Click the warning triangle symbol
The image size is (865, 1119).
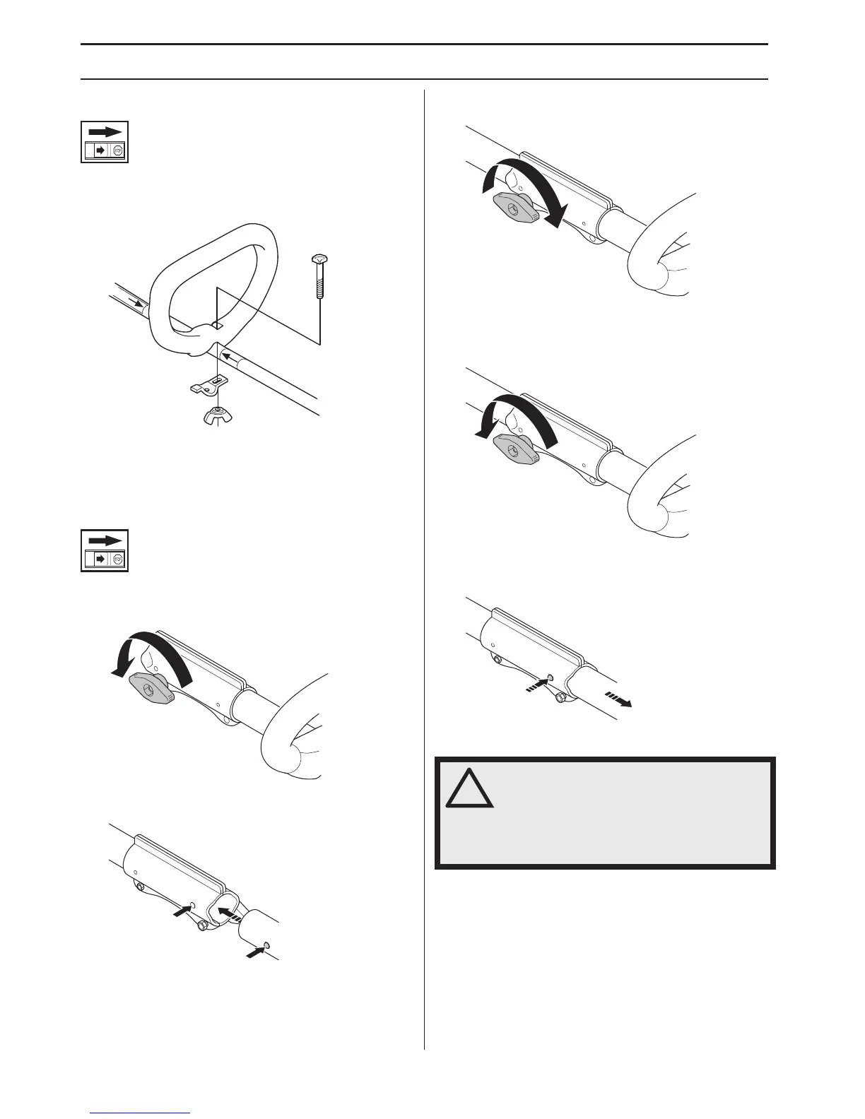tap(469, 790)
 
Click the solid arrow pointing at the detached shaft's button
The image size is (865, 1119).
tap(254, 953)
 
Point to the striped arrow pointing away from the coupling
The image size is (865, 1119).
tap(618, 700)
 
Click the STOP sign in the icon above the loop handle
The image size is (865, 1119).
tap(118, 151)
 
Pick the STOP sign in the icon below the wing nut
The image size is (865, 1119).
tap(118, 559)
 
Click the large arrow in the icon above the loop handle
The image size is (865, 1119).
tap(105, 131)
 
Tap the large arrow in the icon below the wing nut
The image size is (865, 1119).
tap(105, 540)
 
